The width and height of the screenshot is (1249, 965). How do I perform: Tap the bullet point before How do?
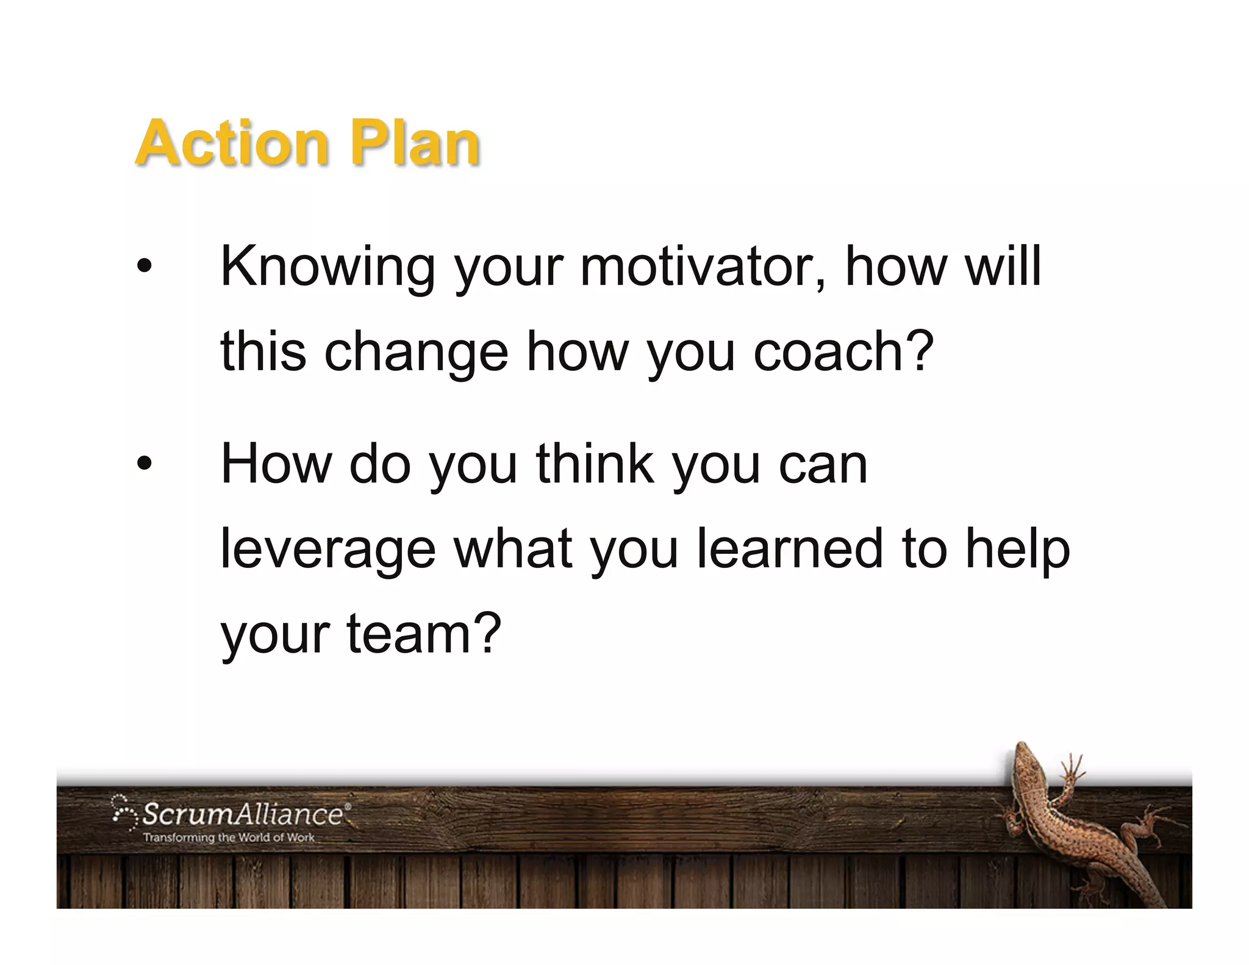(144, 464)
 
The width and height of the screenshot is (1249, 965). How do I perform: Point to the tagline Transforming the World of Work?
(229, 838)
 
